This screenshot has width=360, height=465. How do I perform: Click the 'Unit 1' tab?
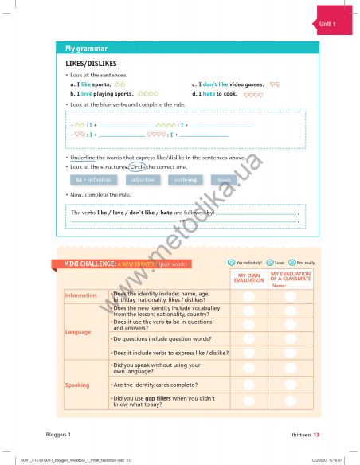tap(328, 25)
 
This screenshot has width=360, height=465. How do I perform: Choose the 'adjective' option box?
tap(143, 180)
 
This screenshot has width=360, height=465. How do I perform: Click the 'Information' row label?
tap(80, 295)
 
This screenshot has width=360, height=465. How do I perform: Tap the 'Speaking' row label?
tap(77, 385)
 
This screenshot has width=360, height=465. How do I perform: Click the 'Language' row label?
tap(78, 331)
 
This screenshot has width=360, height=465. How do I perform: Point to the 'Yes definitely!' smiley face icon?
tap(230, 262)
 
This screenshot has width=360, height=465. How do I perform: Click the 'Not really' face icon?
tap(292, 262)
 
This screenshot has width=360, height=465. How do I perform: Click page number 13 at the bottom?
tap(315, 435)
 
